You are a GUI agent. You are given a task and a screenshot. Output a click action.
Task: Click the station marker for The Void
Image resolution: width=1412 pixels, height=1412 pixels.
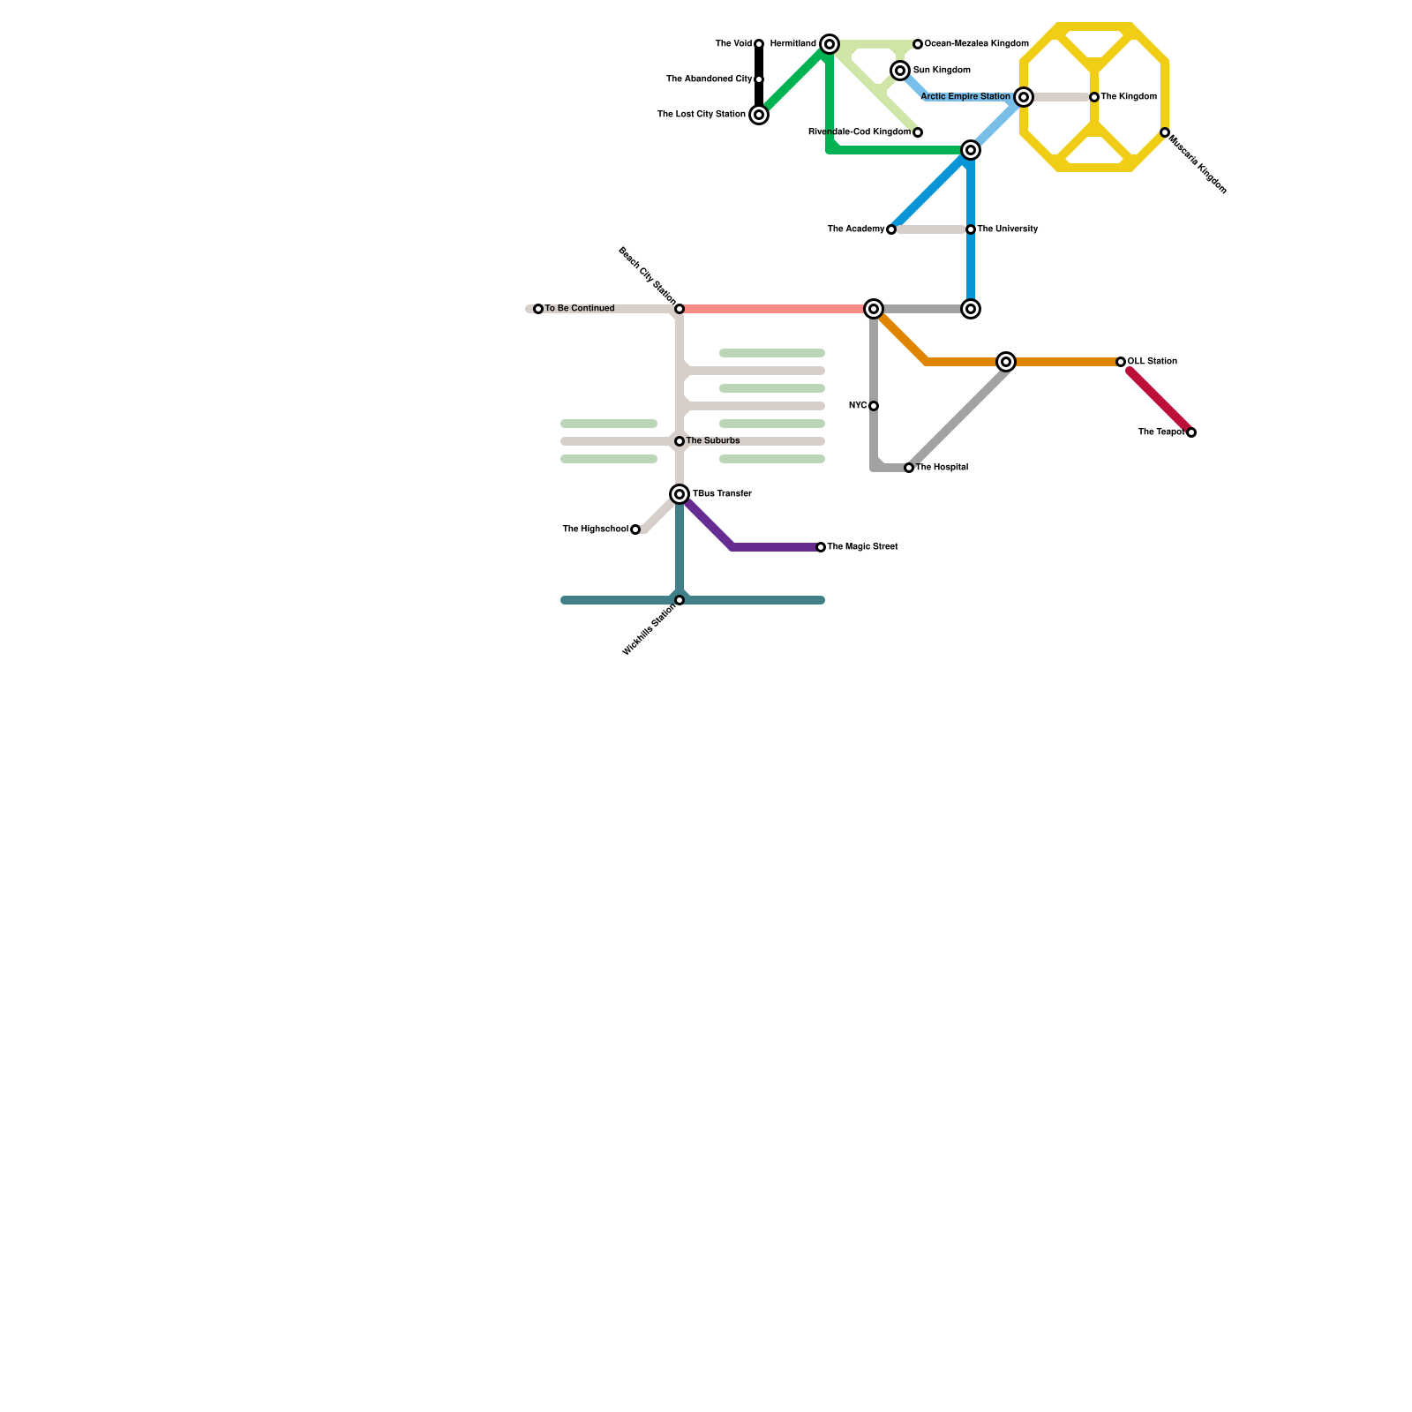759,44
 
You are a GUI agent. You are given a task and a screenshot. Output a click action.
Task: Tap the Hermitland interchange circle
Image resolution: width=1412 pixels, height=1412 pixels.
830,44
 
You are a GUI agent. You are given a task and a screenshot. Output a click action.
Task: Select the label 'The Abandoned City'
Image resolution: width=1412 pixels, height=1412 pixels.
709,79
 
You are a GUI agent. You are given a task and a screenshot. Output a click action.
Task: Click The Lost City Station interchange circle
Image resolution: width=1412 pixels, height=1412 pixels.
759,115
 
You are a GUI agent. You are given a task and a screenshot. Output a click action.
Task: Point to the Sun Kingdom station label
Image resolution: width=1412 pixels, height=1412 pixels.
942,71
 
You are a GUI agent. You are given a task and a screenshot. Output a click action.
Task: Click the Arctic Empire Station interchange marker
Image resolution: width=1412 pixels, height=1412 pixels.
1024,97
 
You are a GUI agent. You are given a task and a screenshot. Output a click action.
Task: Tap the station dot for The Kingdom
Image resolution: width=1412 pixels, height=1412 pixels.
1094,97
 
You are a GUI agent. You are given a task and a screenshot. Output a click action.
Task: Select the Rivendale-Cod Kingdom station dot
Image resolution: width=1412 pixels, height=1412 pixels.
918,132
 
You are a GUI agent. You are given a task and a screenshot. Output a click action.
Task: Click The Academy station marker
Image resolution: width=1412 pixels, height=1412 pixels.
891,229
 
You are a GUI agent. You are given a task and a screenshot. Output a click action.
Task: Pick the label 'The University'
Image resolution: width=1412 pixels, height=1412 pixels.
1008,229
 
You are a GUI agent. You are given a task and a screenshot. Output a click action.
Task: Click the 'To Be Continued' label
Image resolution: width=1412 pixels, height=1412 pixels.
580,309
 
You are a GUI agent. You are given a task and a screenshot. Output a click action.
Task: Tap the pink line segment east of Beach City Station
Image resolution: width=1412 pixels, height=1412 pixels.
777,309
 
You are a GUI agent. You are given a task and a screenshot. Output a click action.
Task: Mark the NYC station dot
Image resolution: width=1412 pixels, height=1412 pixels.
874,406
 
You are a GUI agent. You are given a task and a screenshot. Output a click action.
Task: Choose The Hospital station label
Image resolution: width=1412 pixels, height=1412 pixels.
942,468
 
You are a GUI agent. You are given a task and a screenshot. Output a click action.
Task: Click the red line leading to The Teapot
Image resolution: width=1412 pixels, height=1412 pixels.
1160,402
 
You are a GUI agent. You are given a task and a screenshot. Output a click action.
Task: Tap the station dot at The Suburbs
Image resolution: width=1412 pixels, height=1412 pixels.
680,441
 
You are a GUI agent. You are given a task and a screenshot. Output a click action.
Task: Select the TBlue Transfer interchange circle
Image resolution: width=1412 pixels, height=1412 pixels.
680,494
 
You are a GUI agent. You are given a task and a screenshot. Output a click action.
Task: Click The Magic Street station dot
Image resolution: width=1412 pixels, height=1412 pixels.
821,547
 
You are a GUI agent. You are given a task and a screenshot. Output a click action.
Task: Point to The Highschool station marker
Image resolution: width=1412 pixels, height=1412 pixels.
635,529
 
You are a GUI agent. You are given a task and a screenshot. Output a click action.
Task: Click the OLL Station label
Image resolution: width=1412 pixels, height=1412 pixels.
1152,362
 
